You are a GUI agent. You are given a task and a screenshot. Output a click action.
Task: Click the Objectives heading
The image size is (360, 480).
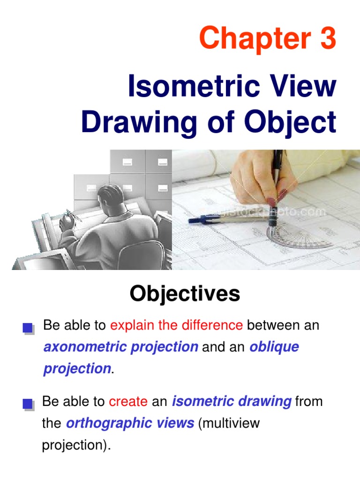click(185, 294)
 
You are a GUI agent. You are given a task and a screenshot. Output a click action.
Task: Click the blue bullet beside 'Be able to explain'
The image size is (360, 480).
click(28, 328)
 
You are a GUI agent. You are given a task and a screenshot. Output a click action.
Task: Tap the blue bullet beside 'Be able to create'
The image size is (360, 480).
click(28, 404)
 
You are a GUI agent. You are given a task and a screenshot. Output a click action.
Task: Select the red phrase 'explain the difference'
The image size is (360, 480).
click(176, 325)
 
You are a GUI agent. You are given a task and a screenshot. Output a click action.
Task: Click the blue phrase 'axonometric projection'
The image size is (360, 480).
click(120, 347)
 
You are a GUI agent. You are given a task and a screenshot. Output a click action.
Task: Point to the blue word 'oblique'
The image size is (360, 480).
click(274, 347)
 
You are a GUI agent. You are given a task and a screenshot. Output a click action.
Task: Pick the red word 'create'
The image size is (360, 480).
click(128, 402)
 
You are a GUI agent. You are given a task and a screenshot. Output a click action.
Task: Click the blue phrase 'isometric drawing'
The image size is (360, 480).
click(232, 402)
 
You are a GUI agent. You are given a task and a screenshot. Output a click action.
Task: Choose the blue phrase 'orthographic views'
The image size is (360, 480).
click(130, 423)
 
